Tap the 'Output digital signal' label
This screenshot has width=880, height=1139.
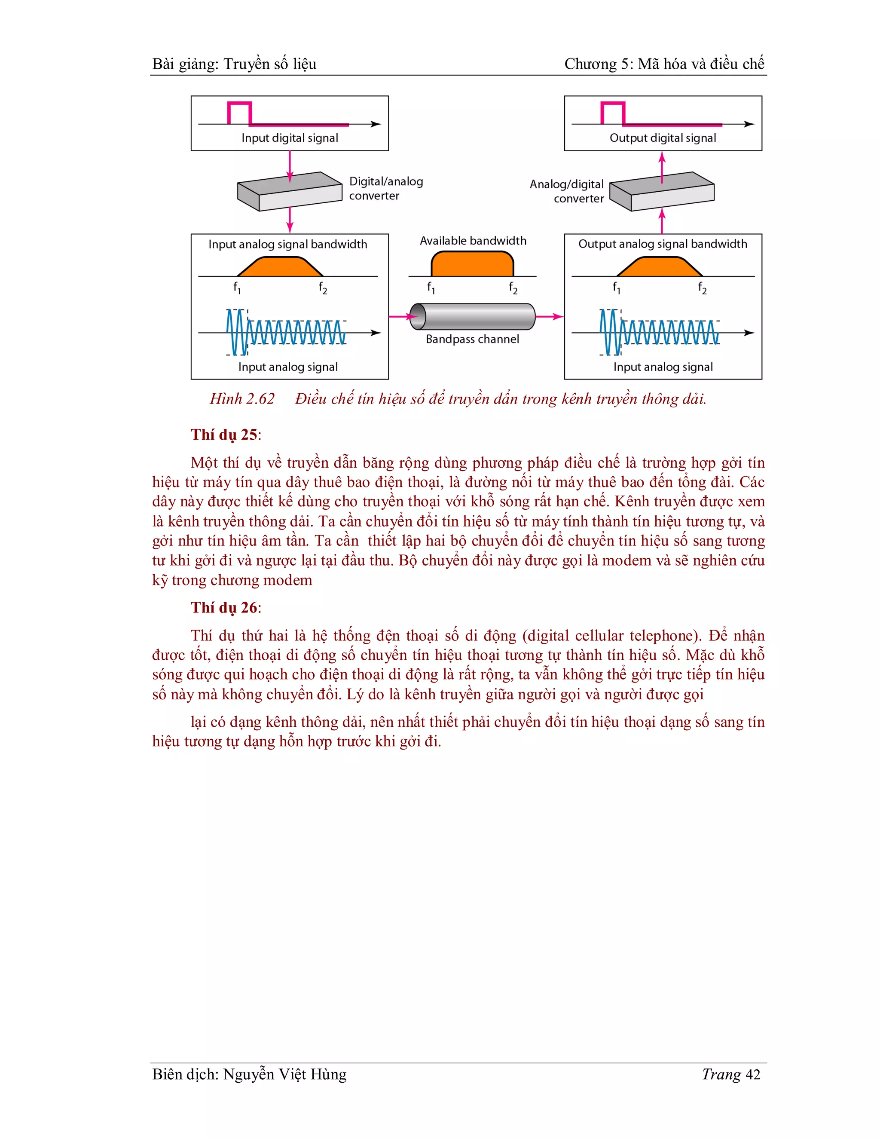[x=663, y=138]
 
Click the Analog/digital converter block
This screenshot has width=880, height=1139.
[x=662, y=191]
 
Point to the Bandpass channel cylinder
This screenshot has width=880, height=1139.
[x=472, y=317]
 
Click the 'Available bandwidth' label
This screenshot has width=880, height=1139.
[x=473, y=241]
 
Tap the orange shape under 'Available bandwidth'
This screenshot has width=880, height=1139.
[x=472, y=264]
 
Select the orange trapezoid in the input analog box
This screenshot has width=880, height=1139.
[x=281, y=267]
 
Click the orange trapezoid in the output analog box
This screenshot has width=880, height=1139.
[x=660, y=267]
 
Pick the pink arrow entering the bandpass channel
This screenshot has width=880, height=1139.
[x=400, y=317]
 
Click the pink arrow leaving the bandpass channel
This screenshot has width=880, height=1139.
[x=550, y=317]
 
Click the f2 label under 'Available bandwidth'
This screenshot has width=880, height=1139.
[x=513, y=288]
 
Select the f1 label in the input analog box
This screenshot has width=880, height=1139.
[x=237, y=288]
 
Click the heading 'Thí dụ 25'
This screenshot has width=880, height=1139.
[x=224, y=435]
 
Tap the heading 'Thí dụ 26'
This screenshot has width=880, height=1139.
[x=224, y=608]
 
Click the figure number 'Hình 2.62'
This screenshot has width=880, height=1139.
[x=242, y=399]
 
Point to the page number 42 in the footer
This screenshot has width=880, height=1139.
[x=753, y=1075]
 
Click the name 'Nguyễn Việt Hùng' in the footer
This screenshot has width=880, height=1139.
[x=284, y=1075]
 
